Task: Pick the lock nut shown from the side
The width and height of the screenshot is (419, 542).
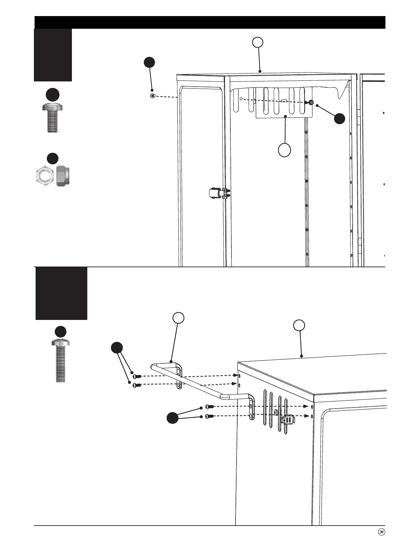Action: (x=62, y=176)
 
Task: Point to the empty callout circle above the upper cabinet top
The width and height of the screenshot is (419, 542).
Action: (x=258, y=42)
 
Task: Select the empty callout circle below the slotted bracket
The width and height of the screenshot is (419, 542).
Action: (x=284, y=150)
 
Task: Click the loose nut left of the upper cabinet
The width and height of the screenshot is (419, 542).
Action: (x=153, y=96)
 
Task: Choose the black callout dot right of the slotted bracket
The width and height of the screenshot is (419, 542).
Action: (x=340, y=118)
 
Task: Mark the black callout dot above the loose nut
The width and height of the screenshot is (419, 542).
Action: (x=149, y=63)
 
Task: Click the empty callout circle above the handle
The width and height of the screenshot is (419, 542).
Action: (x=178, y=318)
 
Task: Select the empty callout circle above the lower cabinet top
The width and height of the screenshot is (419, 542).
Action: (x=300, y=325)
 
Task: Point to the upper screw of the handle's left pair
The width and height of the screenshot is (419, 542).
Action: (x=136, y=376)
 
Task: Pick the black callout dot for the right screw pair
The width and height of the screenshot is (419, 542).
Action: (x=173, y=418)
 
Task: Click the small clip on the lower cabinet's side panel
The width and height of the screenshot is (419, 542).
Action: (x=288, y=419)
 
